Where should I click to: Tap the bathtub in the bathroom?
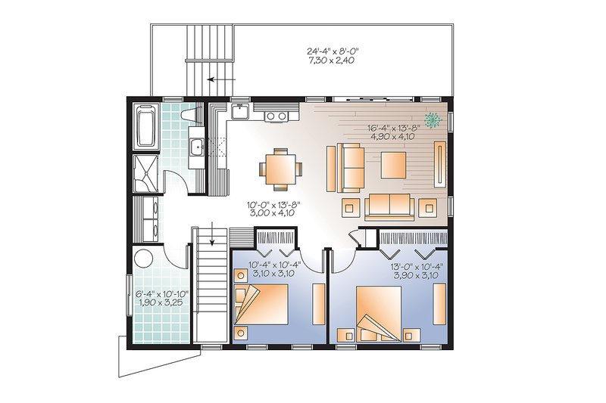144,126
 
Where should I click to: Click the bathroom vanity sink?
195,148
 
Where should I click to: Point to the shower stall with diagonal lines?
144,170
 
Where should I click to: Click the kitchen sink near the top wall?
240,112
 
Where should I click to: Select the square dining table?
278,169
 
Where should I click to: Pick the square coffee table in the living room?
394,164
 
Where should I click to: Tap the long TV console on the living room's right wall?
439,162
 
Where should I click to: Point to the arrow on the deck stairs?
220,78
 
